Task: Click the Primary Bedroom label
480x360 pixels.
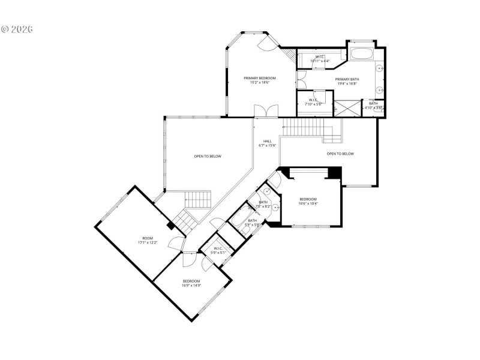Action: point(259,80)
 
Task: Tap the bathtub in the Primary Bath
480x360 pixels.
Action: point(361,54)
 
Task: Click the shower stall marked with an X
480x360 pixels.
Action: point(346,109)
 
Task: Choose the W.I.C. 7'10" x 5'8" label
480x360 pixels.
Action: point(313,102)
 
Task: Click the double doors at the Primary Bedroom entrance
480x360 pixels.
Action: point(265,112)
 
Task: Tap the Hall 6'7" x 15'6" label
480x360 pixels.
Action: point(267,143)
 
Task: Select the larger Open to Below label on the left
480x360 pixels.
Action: point(207,156)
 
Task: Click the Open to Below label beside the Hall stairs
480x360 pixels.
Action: point(340,154)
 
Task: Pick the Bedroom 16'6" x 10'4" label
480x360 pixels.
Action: point(308,201)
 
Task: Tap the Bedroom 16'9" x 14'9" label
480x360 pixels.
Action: point(191,283)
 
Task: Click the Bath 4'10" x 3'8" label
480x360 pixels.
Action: point(373,106)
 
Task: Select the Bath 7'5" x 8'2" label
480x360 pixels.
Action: point(263,204)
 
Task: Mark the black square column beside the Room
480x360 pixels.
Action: point(171,226)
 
